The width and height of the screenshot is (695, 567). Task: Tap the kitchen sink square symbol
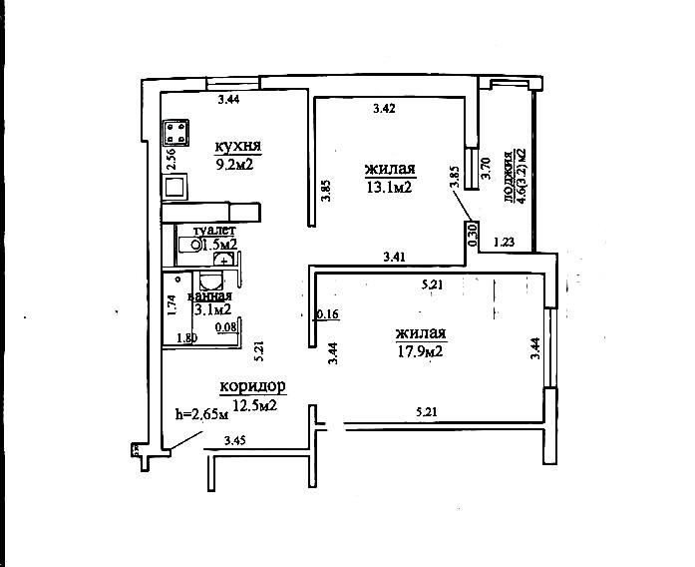pyautogui.click(x=176, y=185)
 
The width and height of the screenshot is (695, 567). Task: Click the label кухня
pyautogui.click(x=237, y=147)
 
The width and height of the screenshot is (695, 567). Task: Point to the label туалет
pyautogui.click(x=214, y=230)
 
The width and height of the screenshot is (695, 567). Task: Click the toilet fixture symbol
pyautogui.click(x=186, y=243)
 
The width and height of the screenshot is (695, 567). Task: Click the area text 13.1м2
pyautogui.click(x=389, y=186)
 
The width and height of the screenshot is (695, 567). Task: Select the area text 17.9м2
pyautogui.click(x=419, y=350)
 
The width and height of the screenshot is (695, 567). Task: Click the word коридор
pyautogui.click(x=253, y=386)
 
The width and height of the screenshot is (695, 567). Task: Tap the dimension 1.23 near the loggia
pyautogui.click(x=504, y=242)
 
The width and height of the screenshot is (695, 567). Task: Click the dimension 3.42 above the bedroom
pyautogui.click(x=383, y=108)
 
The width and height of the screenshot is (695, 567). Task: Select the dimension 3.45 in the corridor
pyautogui.click(x=234, y=440)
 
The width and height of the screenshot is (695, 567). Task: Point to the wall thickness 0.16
pyautogui.click(x=326, y=314)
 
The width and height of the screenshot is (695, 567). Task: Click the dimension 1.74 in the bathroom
pyautogui.click(x=172, y=304)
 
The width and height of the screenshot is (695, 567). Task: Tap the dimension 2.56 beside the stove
pyautogui.click(x=171, y=158)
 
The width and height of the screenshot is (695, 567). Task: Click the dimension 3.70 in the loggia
pyautogui.click(x=486, y=168)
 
